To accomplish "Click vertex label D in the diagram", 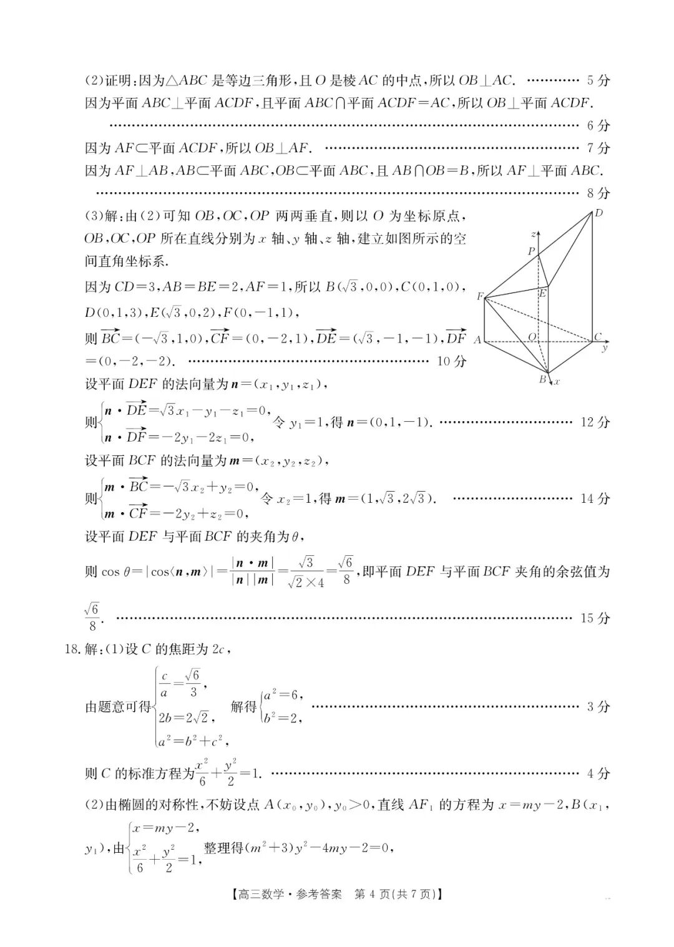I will (x=598, y=213).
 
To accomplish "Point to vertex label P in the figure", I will (x=531, y=251).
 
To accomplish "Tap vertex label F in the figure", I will (x=480, y=296).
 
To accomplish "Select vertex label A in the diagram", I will (x=477, y=340).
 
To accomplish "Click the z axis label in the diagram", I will (x=532, y=235).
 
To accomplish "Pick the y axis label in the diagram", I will (x=604, y=348).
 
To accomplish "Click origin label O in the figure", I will (x=532, y=337).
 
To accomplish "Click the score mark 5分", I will (x=598, y=80).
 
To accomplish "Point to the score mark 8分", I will (x=598, y=193).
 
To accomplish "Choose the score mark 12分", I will (x=595, y=422).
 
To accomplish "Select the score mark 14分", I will (x=595, y=498).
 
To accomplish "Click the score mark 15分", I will (x=595, y=618).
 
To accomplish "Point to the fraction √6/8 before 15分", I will (x=91, y=617).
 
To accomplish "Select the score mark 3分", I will (x=598, y=707).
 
